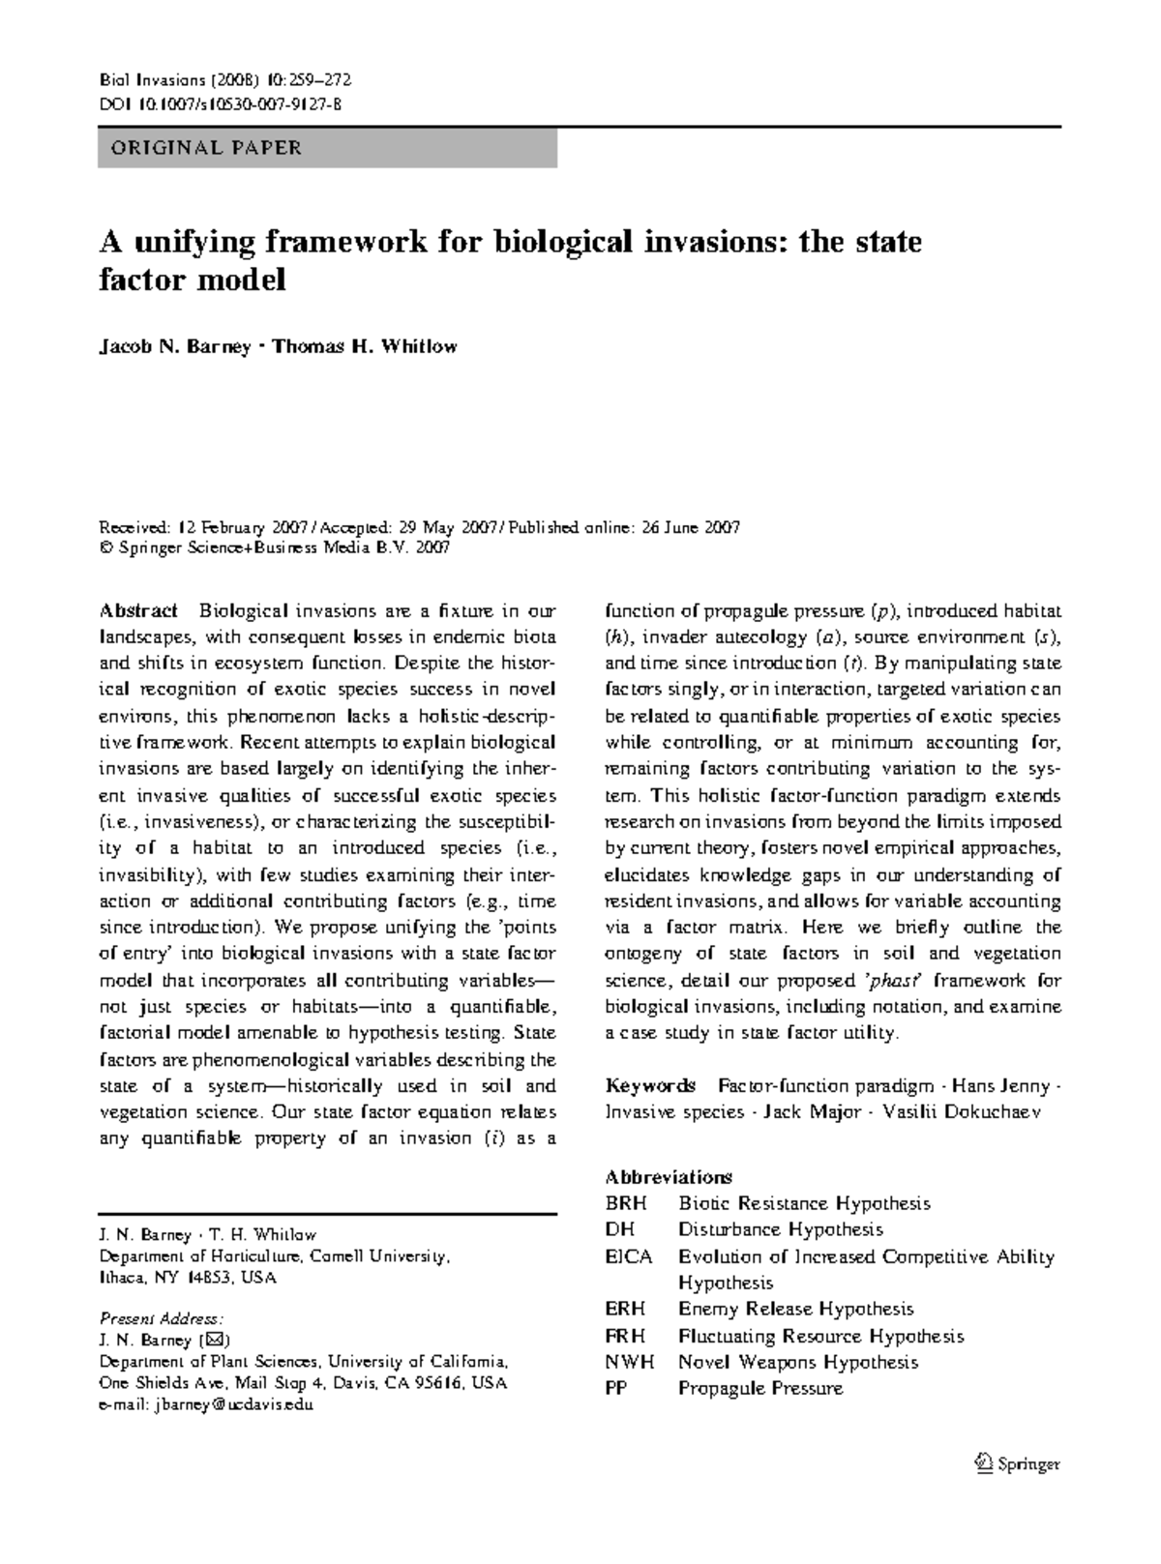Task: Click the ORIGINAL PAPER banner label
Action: [x=206, y=148]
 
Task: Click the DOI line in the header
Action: [x=221, y=106]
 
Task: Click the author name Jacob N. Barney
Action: [x=175, y=347]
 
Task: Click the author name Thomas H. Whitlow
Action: [x=364, y=347]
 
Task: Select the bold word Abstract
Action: [x=138, y=611]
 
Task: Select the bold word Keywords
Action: [x=650, y=1085]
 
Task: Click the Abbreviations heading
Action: [x=669, y=1177]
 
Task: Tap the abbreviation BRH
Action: [x=626, y=1204]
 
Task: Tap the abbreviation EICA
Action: [x=629, y=1256]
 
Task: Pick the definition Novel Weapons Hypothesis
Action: [x=798, y=1362]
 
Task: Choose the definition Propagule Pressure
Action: [x=760, y=1389]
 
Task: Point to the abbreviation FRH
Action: [x=626, y=1336]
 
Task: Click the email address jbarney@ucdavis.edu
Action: [x=207, y=1405]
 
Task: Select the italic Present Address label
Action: [x=162, y=1318]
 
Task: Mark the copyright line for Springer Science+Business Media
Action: [x=275, y=547]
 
